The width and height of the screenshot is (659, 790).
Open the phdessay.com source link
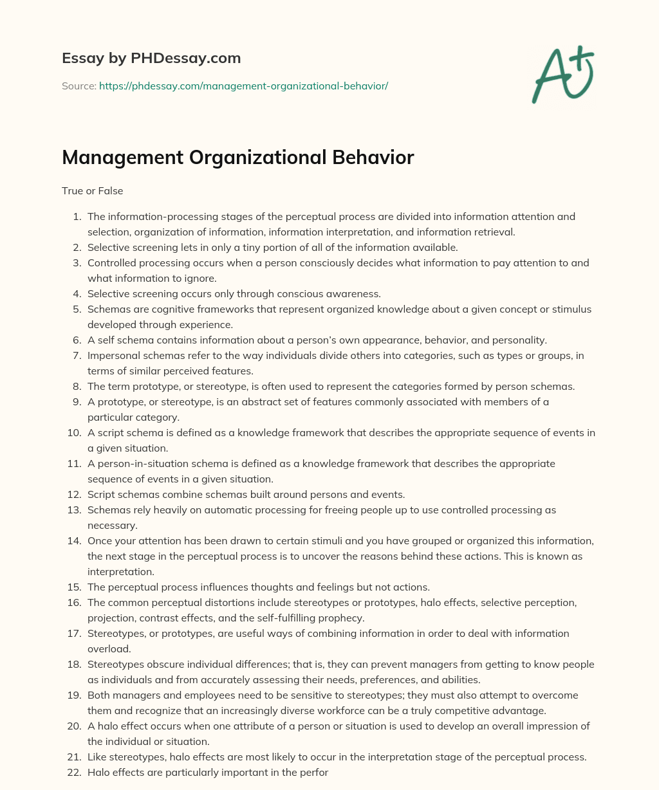pos(243,86)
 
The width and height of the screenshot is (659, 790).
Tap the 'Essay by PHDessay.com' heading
pos(151,58)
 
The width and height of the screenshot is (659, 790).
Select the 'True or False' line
pos(92,190)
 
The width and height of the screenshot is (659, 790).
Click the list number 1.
pos(76,216)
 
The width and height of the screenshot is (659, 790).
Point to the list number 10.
pos(74,432)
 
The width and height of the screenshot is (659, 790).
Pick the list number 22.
pos(74,772)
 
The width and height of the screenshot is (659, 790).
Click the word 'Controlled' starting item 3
pos(110,262)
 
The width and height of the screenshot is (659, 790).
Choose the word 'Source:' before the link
pos(79,86)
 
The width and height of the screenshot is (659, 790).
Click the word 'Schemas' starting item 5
pos(106,309)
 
